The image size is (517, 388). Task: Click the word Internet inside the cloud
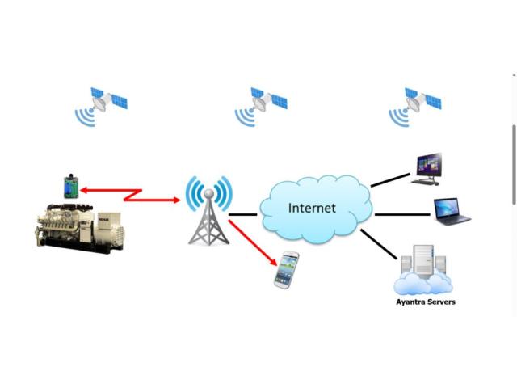pos(312,208)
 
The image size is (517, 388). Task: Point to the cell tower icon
pos(208,212)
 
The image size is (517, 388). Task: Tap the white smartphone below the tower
pos(286,269)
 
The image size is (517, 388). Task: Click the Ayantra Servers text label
pos(425,302)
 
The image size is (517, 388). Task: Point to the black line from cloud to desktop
pos(390,179)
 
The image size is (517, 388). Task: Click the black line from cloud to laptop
pos(401,214)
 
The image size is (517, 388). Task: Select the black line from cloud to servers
pos(379,244)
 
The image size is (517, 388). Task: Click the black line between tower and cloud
pos(243,215)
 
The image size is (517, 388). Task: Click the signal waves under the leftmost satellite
pos(85,118)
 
